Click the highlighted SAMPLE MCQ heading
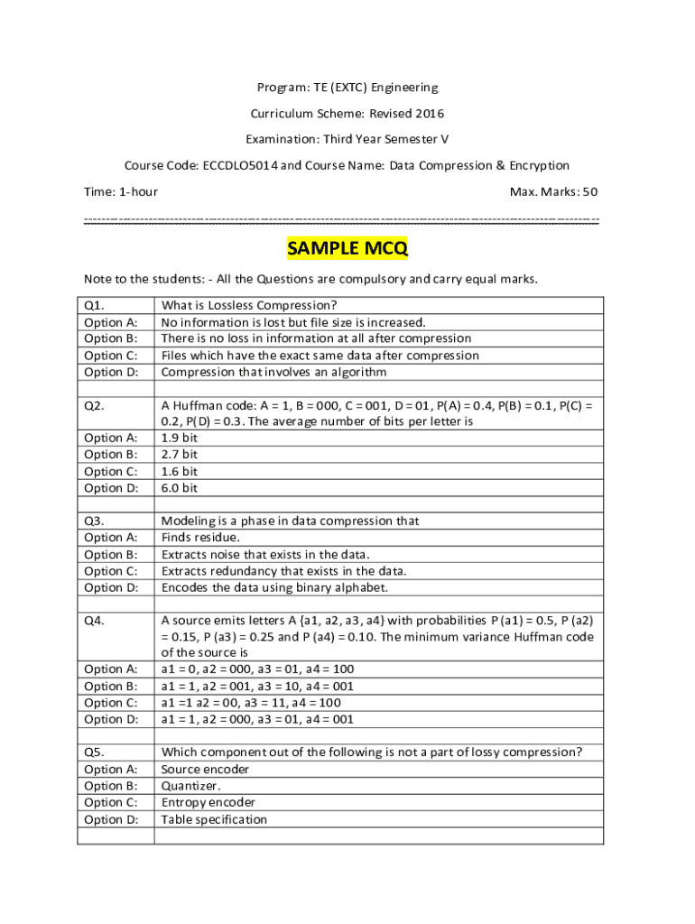pos(347,248)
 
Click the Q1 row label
pos(94,305)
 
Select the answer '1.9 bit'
pos(179,438)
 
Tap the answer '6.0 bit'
pos(179,488)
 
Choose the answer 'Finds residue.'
pos(200,538)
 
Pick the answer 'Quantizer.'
pos(190,786)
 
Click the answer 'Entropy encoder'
pos(208,802)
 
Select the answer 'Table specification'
pos(214,819)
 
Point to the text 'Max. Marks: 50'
pos(553,191)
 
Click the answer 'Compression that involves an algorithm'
pos(273,372)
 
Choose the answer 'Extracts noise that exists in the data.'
pos(265,554)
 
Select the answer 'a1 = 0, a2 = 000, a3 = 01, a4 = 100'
pos(257,669)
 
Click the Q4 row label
pos(94,621)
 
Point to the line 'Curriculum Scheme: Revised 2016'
pos(347,114)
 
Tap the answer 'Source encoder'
pos(205,769)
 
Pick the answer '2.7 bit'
pos(179,454)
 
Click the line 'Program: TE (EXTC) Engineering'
pos(347,88)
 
